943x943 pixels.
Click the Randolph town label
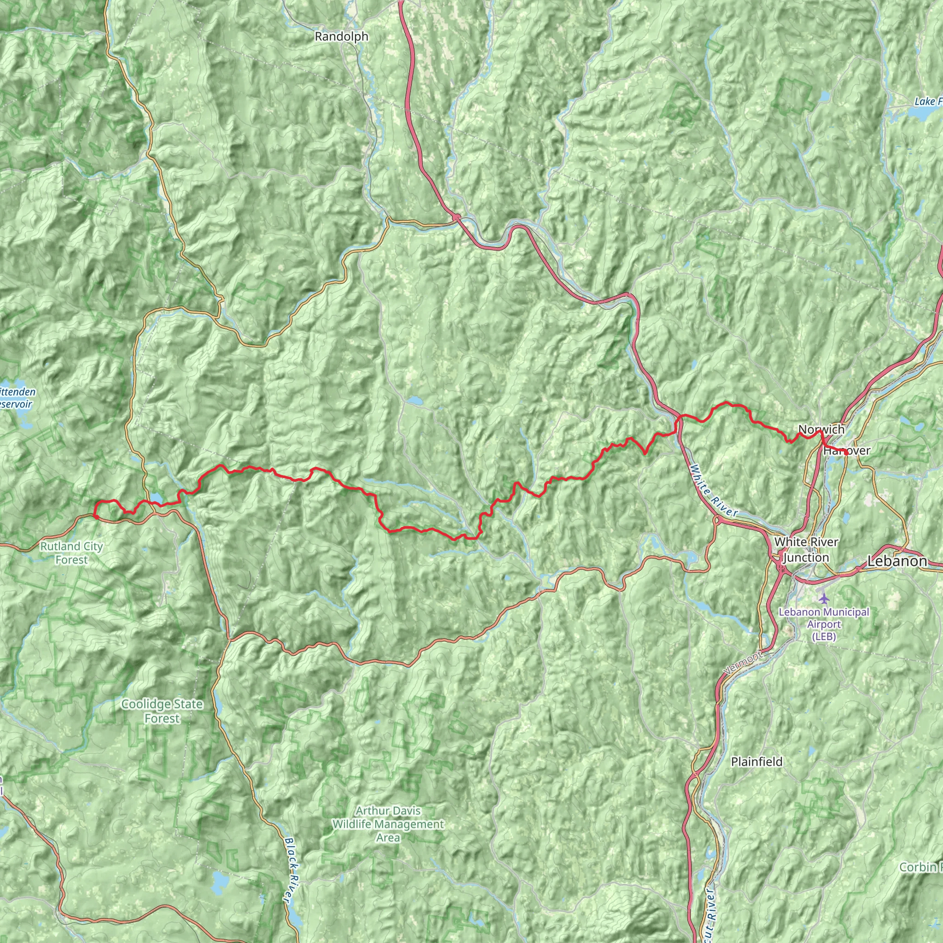pyautogui.click(x=341, y=37)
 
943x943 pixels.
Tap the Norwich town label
pyautogui.click(x=821, y=430)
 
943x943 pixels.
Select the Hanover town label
pyautogui.click(x=846, y=450)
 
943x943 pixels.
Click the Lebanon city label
pyautogui.click(x=896, y=561)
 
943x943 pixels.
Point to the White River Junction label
pyautogui.click(x=806, y=550)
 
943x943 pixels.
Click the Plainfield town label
pyautogui.click(x=757, y=762)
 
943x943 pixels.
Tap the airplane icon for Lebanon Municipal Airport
pyautogui.click(x=824, y=598)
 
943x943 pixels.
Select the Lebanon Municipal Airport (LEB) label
pyautogui.click(x=824, y=624)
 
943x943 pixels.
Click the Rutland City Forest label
pyautogui.click(x=71, y=553)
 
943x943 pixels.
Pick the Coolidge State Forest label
pyautogui.click(x=162, y=711)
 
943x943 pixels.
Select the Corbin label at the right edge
pyautogui.click(x=920, y=867)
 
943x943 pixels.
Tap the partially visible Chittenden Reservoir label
pyautogui.click(x=17, y=398)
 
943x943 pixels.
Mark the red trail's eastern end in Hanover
pyautogui.click(x=846, y=453)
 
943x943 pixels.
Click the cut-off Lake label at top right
pyautogui.click(x=928, y=101)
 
